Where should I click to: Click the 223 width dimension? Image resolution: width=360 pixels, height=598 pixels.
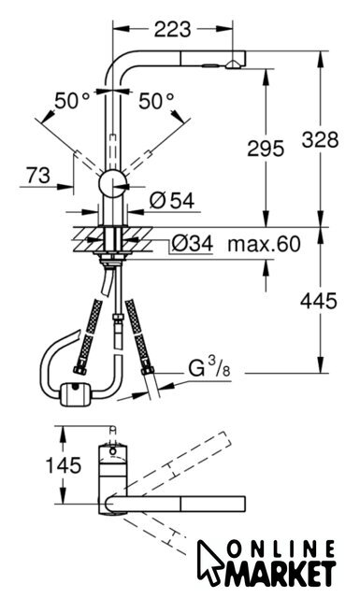coord(172,29)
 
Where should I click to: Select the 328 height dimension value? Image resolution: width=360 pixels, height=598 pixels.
coord(320,139)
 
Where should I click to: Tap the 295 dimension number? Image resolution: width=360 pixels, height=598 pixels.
coord(266,148)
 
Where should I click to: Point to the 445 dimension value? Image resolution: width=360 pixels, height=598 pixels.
coord(319,301)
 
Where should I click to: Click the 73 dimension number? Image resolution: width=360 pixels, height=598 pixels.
coord(38,176)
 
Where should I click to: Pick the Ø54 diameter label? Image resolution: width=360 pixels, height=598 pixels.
coord(172,201)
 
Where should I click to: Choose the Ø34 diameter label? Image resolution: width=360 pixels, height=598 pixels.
coord(192,244)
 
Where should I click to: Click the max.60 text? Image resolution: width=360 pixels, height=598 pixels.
coord(265,244)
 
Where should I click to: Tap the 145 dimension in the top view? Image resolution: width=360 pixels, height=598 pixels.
coord(64,465)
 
